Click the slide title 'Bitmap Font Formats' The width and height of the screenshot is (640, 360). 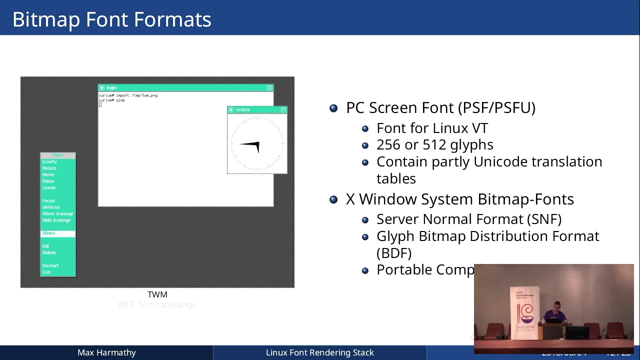coord(111,19)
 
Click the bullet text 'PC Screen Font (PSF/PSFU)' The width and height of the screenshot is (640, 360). coord(440,108)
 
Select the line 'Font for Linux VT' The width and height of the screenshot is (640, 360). coord(431,128)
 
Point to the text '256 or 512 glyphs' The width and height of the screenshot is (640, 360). coord(434,145)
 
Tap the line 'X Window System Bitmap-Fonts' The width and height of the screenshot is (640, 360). coord(459,199)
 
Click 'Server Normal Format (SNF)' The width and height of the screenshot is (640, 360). coord(468,219)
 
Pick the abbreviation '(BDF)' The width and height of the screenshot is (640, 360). coord(393,252)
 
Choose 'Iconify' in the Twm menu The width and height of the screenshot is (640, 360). coord(49,162)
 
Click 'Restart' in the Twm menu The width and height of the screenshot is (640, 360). coord(50,265)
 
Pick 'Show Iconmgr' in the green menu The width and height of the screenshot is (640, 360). coord(57,214)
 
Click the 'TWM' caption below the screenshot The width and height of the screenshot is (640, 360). coord(157,294)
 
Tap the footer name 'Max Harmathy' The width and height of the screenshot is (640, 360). coord(106,352)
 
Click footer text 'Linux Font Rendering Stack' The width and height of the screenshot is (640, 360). coord(319,352)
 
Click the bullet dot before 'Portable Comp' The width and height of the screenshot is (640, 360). coord(365,270)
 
